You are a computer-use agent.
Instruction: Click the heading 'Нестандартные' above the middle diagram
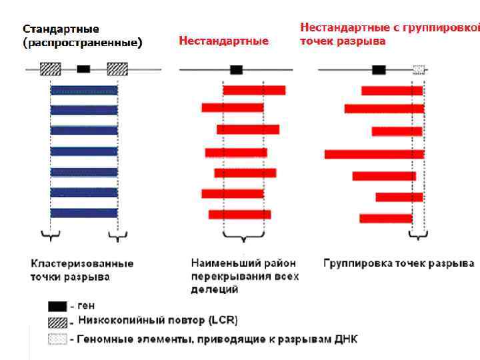point(223,41)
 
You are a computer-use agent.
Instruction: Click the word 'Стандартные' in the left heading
point(61,29)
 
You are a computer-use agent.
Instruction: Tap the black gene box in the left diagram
point(83,69)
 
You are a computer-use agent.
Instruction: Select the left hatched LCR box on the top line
point(51,69)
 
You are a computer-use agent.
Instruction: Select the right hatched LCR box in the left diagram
point(117,69)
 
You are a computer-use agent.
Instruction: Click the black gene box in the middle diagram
point(236,69)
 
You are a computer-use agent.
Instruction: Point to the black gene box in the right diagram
point(379,69)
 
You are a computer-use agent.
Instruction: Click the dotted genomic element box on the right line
point(419,69)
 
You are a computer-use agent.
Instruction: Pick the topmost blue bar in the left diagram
point(84,90)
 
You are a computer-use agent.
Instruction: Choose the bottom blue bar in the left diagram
point(84,213)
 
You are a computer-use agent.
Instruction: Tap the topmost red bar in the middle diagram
point(254,90)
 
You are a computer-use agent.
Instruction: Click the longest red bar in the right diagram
point(374,154)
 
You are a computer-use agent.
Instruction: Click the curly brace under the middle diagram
point(243,237)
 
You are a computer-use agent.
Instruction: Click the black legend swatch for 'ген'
point(57,306)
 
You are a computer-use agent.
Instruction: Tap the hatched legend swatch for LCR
point(57,322)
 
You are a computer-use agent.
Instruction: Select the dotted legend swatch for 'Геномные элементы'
point(57,339)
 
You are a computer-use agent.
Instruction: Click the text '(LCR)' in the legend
point(224,321)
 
